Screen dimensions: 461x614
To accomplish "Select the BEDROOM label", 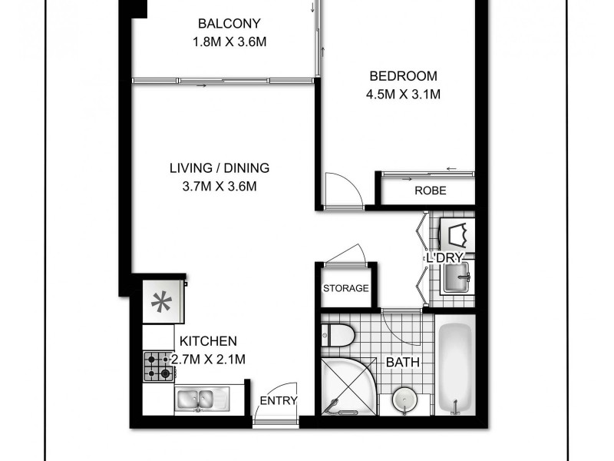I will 403,76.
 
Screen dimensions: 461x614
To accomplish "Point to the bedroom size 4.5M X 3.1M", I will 403,95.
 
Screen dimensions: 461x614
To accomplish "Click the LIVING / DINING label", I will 220,168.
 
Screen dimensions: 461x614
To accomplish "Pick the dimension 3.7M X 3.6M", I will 220,187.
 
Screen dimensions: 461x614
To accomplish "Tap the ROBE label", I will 430,191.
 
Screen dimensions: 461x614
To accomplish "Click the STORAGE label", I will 346,289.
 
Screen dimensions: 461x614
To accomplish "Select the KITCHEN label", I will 208,341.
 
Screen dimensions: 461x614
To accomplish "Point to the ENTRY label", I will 279,400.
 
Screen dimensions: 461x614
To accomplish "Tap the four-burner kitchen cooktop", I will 158,366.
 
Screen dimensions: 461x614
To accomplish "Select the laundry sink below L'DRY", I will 457,278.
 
